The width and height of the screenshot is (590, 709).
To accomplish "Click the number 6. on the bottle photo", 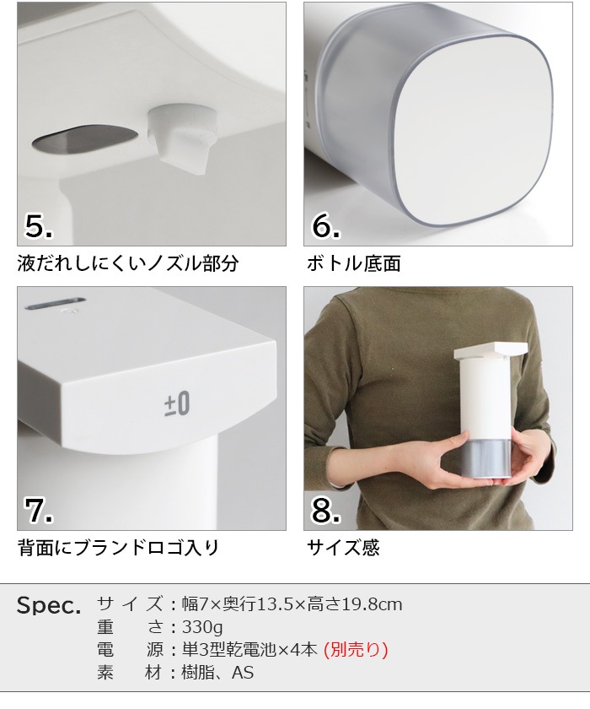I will click(326, 225).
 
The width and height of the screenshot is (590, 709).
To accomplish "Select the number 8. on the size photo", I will click(326, 510).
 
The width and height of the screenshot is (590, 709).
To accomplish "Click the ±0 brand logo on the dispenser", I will click(177, 403).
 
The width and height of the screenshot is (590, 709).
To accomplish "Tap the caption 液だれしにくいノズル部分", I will click(128, 263).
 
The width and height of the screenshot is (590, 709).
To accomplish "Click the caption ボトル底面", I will click(353, 263).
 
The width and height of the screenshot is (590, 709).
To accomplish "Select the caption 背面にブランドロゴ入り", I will click(118, 548).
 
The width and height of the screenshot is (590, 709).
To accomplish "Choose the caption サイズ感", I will click(343, 548).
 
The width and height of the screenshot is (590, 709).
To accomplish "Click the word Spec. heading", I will click(49, 606).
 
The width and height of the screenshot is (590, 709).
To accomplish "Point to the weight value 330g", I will click(203, 627).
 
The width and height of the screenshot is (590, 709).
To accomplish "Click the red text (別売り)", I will click(356, 650).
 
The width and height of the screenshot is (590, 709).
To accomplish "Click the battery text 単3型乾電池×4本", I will click(249, 650).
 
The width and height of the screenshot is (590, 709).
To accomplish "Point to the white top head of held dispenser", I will click(491, 350).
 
